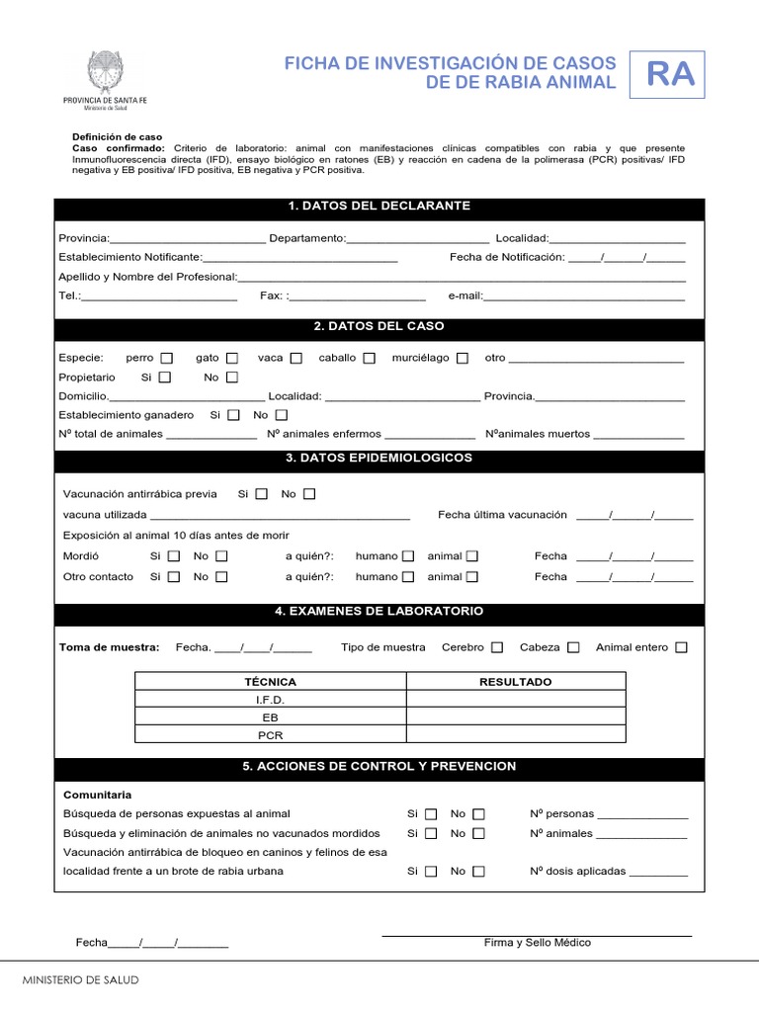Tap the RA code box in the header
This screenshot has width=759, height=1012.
(x=670, y=75)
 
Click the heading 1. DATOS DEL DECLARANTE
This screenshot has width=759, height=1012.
(x=379, y=206)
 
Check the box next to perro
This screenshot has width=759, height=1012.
(x=167, y=358)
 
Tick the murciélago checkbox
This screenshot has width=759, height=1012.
(x=463, y=358)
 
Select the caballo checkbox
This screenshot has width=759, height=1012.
(x=369, y=358)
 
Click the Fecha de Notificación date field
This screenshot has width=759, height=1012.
(x=627, y=258)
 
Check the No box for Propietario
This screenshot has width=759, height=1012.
(x=232, y=378)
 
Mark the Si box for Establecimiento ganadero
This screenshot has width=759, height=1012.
(x=234, y=415)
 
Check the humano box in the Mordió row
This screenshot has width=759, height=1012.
(x=408, y=556)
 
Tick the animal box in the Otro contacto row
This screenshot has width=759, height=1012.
(x=472, y=577)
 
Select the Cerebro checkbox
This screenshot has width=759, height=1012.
(x=497, y=647)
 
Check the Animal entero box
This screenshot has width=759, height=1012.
(x=681, y=647)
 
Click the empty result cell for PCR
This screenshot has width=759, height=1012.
(x=515, y=735)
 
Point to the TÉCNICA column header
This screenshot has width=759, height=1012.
(x=270, y=682)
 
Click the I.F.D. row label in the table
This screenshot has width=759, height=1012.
(x=270, y=700)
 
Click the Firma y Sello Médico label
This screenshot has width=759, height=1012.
(x=537, y=943)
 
